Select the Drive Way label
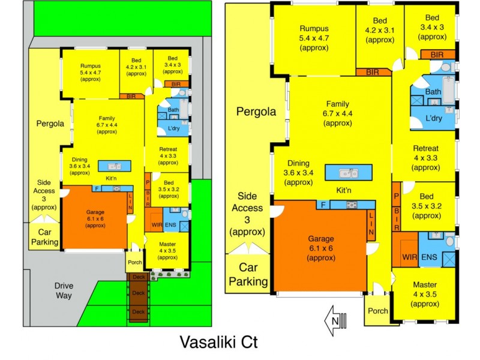tap(63, 291)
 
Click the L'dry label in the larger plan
tap(431, 118)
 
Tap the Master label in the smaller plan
tap(168, 248)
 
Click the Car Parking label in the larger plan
tap(248, 274)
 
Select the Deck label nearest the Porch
tap(139, 277)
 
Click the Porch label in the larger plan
tap(378, 310)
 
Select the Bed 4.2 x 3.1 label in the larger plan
tap(380, 30)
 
